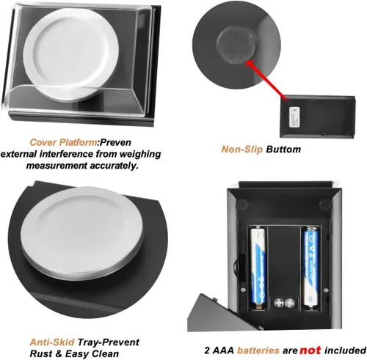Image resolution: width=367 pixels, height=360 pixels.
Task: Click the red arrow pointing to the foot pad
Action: click(x=266, y=79)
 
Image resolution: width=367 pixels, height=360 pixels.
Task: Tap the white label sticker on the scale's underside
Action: click(x=294, y=117)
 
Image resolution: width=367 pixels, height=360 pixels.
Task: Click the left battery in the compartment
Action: click(x=258, y=268)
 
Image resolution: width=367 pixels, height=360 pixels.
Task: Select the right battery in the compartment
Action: click(x=310, y=268)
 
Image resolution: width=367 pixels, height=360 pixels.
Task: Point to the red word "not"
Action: click(x=310, y=350)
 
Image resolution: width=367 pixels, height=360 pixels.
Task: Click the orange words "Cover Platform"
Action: click(x=63, y=142)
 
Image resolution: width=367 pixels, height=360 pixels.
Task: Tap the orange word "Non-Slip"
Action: click(x=242, y=149)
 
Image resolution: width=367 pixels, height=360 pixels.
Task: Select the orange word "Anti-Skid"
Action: click(x=52, y=342)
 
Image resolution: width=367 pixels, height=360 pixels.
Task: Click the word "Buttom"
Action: click(x=283, y=149)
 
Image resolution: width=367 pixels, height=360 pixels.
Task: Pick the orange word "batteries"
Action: click(x=258, y=350)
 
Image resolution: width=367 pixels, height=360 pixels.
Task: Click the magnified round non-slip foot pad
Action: click(x=236, y=45)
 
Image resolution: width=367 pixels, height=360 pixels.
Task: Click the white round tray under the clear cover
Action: click(x=71, y=54)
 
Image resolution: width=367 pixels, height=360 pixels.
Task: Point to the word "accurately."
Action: click(x=113, y=166)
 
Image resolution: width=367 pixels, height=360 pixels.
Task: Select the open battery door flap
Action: click(x=211, y=314)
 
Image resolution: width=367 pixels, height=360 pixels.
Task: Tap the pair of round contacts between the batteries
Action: click(x=284, y=303)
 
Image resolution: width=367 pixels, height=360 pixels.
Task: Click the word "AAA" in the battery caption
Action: click(x=223, y=350)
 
